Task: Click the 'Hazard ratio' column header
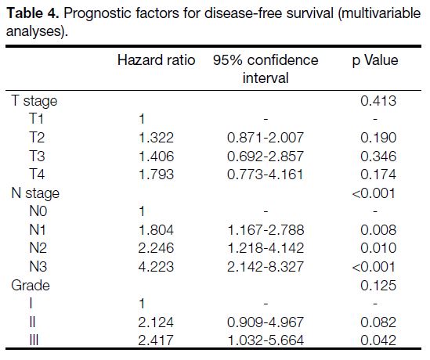click(156, 60)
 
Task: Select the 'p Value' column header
click(375, 61)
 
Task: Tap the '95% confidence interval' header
click(266, 69)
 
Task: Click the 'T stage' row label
click(34, 101)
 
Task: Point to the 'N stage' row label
click(35, 193)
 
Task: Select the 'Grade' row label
click(31, 286)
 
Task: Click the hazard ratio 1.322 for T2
click(156, 137)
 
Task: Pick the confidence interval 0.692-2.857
click(266, 157)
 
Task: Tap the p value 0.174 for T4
click(378, 175)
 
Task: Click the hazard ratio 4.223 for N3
click(156, 267)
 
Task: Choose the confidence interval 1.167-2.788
click(266, 229)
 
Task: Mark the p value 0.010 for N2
click(378, 248)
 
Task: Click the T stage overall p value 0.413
click(378, 101)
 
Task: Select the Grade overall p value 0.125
click(378, 286)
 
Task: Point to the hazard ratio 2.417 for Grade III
click(156, 340)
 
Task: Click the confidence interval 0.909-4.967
click(266, 322)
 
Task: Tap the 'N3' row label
click(38, 267)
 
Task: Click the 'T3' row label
click(37, 157)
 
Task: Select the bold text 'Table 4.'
click(33, 13)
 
